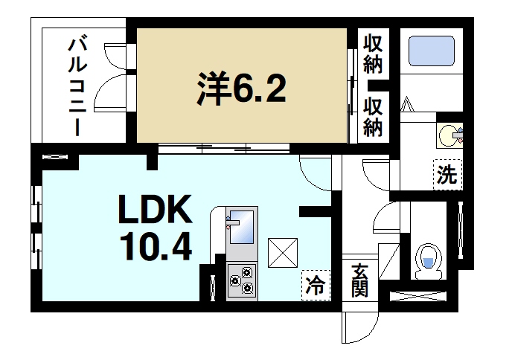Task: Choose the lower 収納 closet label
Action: pos(372,118)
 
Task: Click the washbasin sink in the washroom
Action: pos(449,135)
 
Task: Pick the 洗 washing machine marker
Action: pos(447,176)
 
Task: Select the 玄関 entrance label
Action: pos(360,280)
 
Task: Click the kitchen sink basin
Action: pos(240,226)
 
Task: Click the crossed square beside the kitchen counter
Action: pos(283,252)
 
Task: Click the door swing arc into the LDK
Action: pos(316,176)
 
